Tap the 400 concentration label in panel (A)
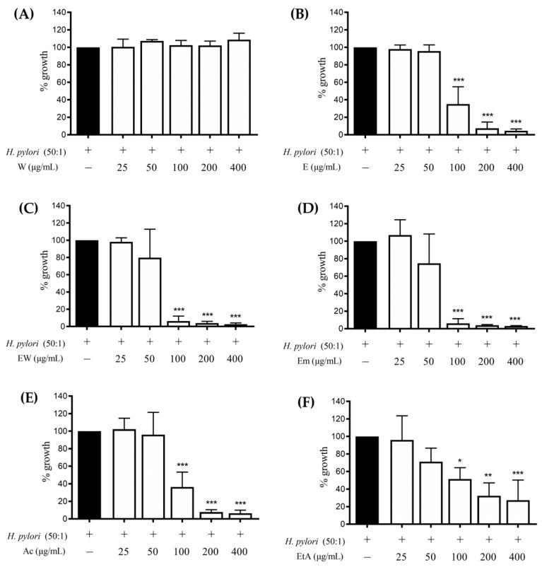pyautogui.click(x=240, y=167)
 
